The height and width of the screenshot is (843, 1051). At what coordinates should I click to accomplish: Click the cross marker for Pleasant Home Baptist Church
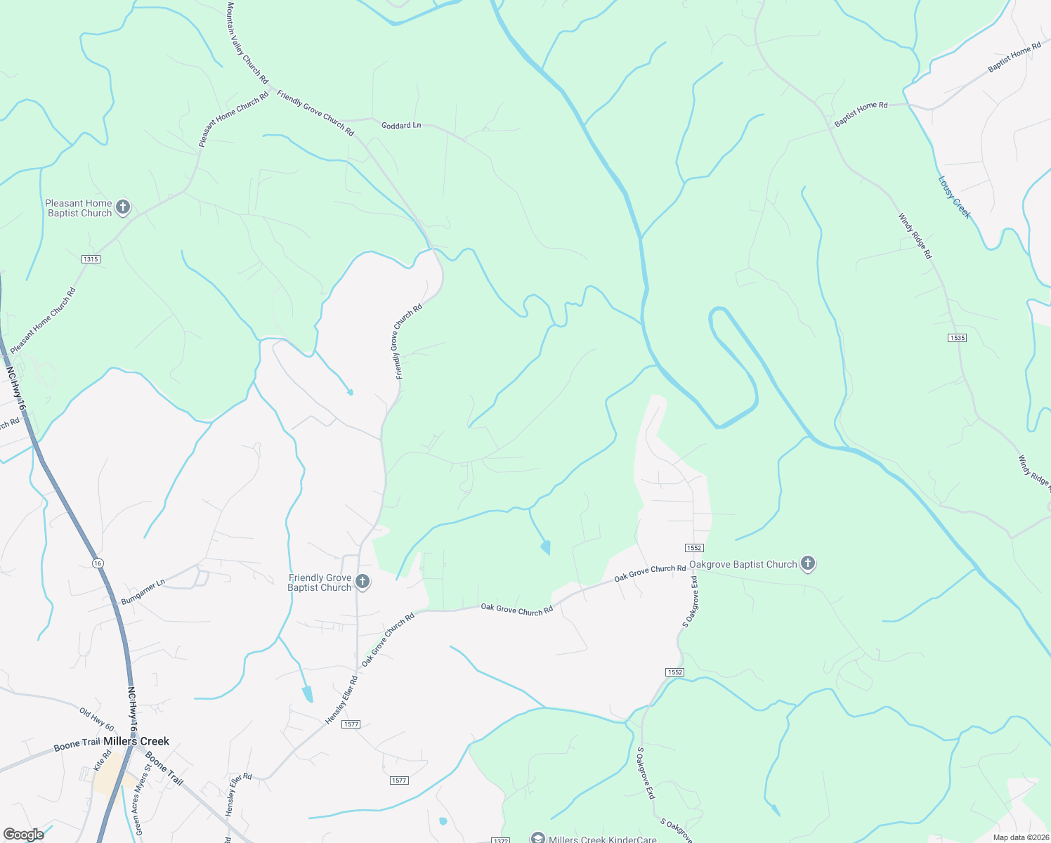123,207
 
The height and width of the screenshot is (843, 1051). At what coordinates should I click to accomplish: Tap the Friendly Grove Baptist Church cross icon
363,581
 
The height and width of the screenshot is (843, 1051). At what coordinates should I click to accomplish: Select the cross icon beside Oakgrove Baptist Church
808,563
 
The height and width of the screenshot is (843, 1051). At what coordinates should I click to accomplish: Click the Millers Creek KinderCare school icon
537,837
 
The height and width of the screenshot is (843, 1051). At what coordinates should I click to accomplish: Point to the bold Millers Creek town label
136,741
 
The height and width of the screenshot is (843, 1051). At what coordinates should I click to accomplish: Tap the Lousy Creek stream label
954,197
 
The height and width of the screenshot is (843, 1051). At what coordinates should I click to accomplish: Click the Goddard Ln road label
401,125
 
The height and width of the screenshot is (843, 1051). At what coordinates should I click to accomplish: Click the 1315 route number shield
91,259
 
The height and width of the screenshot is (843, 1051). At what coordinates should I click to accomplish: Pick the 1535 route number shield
957,338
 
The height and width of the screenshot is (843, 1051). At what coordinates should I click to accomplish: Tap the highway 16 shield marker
97,563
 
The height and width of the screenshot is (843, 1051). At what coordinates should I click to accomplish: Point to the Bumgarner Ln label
143,592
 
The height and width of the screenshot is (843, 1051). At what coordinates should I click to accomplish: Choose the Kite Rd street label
103,761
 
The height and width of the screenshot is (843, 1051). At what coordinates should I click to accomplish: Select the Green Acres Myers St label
143,799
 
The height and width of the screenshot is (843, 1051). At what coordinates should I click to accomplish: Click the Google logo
23,835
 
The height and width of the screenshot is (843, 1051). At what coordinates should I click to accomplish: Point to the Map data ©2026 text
1021,837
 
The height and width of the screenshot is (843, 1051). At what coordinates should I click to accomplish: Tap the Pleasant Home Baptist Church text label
79,208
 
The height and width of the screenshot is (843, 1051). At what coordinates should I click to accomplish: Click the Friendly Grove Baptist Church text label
320,582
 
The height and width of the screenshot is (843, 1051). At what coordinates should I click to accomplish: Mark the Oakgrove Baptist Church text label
743,564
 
